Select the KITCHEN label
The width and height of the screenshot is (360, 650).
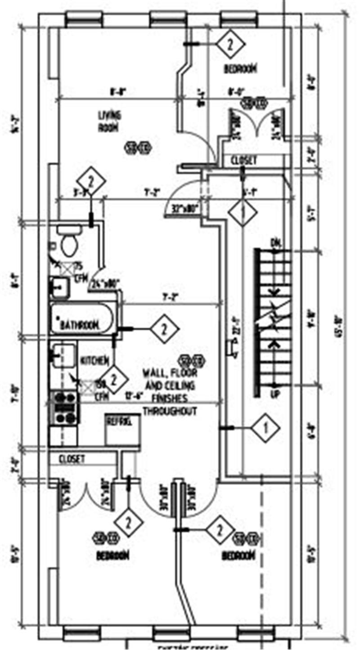tap(94, 360)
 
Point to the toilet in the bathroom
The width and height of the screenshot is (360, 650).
tap(69, 243)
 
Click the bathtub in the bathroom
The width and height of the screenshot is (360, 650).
tap(83, 319)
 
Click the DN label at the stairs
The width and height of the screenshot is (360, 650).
tap(275, 243)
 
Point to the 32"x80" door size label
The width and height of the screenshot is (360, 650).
tap(185, 209)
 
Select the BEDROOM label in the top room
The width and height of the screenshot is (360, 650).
tap(240, 69)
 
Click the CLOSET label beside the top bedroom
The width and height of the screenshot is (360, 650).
tap(244, 160)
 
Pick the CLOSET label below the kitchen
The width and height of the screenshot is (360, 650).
tap(72, 459)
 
